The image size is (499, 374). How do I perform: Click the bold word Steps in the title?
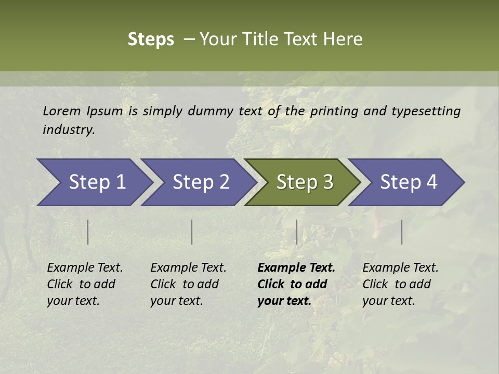151,39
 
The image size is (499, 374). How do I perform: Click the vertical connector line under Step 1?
88,232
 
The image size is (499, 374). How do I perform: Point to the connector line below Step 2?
192,232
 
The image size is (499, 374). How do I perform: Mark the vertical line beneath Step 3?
296,232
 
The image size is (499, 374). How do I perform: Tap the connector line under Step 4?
401,232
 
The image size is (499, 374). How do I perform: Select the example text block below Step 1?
85,284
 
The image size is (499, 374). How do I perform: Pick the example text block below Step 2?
188,284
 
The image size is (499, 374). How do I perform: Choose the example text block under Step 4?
400,284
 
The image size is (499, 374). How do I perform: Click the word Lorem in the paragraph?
62,111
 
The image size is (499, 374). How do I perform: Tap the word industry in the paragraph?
69,130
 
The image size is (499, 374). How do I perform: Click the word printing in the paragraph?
333,111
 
